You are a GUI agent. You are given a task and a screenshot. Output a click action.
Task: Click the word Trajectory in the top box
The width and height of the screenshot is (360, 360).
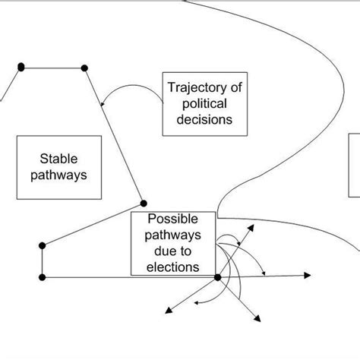click(191, 86)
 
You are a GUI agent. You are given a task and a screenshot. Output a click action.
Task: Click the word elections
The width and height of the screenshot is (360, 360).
click(174, 267)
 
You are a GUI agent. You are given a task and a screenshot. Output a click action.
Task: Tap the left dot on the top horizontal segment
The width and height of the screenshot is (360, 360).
click(21, 68)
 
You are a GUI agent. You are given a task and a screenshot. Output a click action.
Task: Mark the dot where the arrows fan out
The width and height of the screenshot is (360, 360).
click(218, 277)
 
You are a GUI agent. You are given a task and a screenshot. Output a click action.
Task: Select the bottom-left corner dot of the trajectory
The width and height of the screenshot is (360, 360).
click(43, 276)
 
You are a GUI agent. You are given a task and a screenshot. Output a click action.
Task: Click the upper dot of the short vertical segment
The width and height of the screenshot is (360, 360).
click(43, 245)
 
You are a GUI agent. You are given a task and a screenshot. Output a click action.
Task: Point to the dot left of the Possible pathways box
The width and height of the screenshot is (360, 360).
click(144, 203)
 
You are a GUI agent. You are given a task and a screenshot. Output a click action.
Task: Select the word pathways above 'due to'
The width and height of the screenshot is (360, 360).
click(174, 234)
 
